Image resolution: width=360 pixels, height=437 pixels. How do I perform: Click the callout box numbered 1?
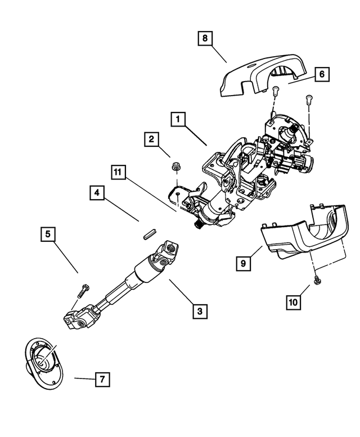178,119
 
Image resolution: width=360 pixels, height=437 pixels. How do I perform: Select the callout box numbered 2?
151,139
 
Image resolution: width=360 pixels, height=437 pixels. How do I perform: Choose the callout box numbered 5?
48,233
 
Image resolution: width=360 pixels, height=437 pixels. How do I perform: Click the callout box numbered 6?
322,74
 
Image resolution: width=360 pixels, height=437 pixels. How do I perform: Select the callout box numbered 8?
205,38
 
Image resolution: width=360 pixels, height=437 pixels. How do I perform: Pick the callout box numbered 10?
293,303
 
